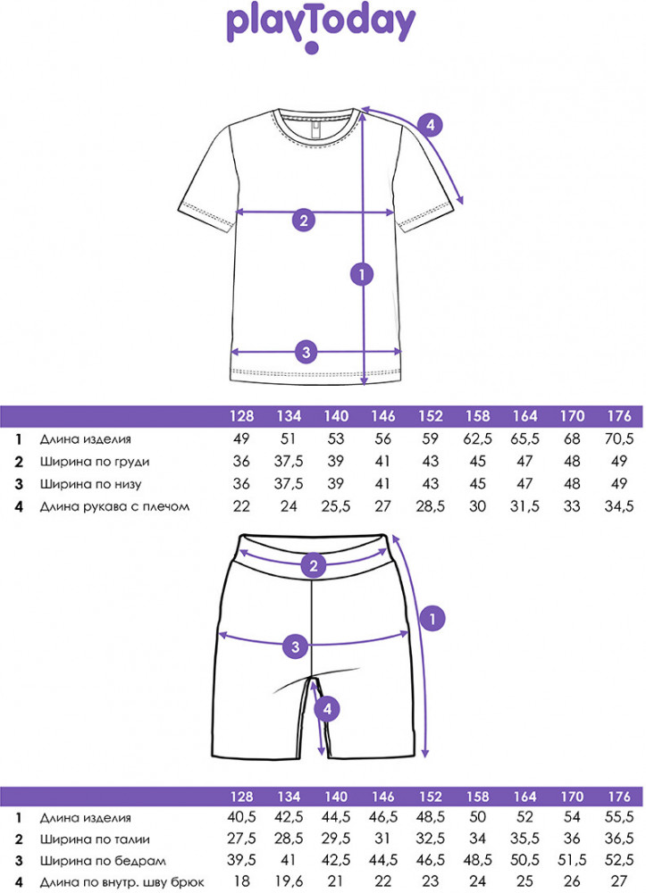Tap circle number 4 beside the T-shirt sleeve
431,125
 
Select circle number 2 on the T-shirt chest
303,221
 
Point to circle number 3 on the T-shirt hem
306,352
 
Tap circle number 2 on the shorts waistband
313,565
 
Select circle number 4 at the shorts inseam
329,709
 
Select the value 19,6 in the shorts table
289,882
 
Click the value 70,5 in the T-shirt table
618,439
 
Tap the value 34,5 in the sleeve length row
618,507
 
